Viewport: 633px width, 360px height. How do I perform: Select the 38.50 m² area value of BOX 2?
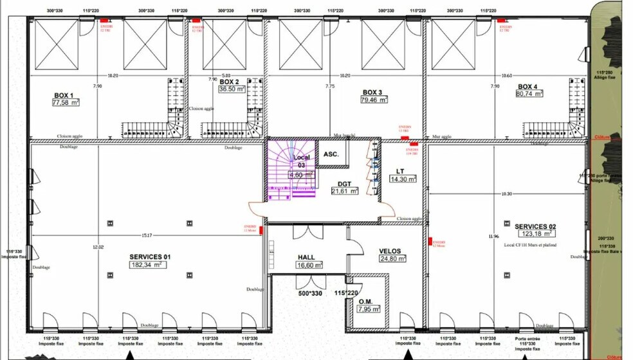[x=232, y=90]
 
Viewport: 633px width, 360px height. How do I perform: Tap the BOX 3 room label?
[x=374, y=92]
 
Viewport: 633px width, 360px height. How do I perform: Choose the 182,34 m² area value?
[x=149, y=265]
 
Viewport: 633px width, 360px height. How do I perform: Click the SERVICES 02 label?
[x=535, y=226]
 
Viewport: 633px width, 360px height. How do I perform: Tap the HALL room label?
[x=306, y=256]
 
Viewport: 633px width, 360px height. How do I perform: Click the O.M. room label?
[x=365, y=301]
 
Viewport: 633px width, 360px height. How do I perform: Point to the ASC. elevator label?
[x=331, y=154]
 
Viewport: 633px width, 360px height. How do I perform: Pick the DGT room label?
[x=344, y=184]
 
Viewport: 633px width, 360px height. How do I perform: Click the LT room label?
[x=400, y=171]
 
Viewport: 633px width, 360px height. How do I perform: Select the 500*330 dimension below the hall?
[x=309, y=293]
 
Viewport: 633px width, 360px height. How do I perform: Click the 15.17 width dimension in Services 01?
[x=147, y=235]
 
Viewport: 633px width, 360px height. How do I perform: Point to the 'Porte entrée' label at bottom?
[x=527, y=338]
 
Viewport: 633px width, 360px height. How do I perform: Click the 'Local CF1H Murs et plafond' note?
[x=531, y=245]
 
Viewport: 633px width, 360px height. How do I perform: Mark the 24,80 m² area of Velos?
[x=392, y=259]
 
